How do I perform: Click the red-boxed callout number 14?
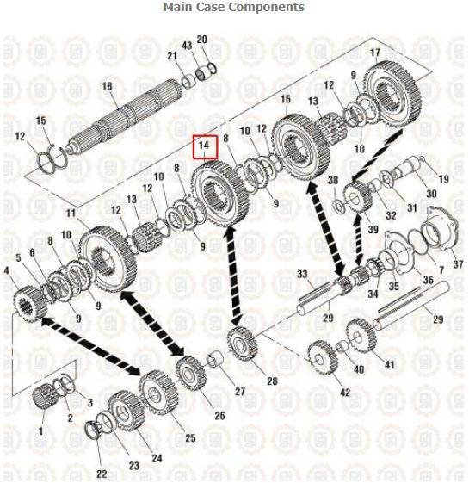point(204,145)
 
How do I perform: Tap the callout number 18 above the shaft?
point(107,86)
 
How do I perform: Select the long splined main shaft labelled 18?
point(124,116)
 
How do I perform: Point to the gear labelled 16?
point(300,146)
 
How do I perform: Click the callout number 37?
point(458,264)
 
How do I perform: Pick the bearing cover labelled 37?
point(441,228)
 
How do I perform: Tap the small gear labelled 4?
point(29,304)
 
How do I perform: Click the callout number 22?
point(101,474)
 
